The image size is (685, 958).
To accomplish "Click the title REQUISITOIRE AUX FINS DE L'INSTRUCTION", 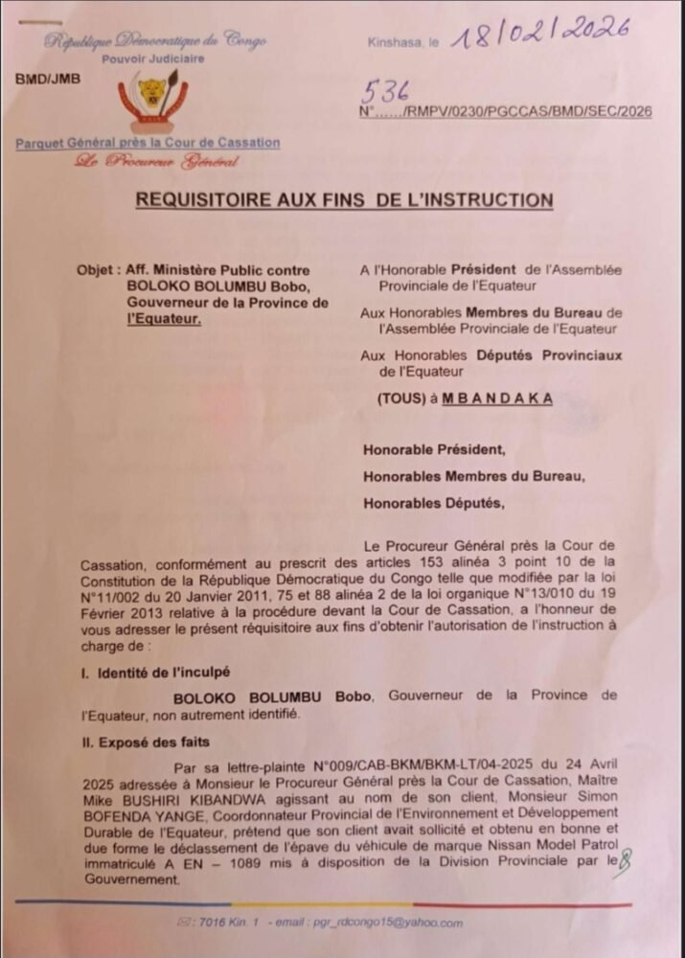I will pos(344,200).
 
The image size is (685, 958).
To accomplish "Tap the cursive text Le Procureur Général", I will pos(156,161).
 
